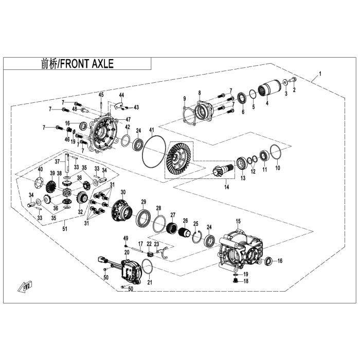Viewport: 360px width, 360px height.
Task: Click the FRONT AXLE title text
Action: (77, 64)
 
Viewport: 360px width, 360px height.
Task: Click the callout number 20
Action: (127, 252)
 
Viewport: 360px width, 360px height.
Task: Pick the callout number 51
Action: (65, 229)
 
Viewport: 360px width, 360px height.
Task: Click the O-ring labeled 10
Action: (275, 152)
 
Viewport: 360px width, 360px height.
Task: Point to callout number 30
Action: (123, 192)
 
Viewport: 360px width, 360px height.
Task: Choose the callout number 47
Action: (128, 119)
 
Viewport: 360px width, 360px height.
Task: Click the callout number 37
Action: (65, 161)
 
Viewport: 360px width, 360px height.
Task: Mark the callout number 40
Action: (40, 169)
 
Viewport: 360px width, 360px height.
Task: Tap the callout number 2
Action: (295, 90)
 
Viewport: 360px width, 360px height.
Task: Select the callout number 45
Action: (101, 94)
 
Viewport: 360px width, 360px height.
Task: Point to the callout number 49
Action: (125, 238)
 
